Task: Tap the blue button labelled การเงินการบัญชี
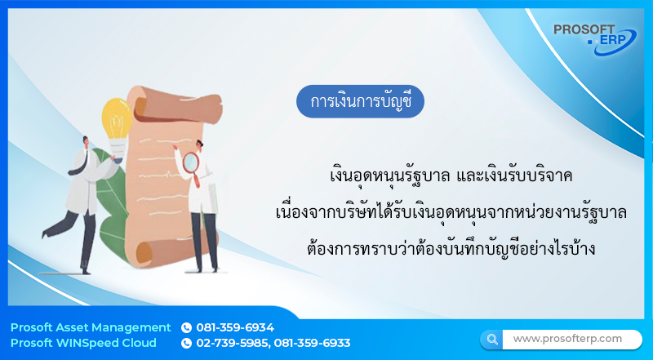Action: pos(361,101)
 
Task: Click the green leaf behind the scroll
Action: pos(110,200)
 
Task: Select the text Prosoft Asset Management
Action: pos(91,327)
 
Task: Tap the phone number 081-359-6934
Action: pos(235,327)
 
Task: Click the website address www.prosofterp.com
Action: pos(566,338)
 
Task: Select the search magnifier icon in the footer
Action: pos(491,339)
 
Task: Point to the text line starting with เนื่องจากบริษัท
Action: pos(451,211)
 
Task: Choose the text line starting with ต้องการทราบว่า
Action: pos(451,247)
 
